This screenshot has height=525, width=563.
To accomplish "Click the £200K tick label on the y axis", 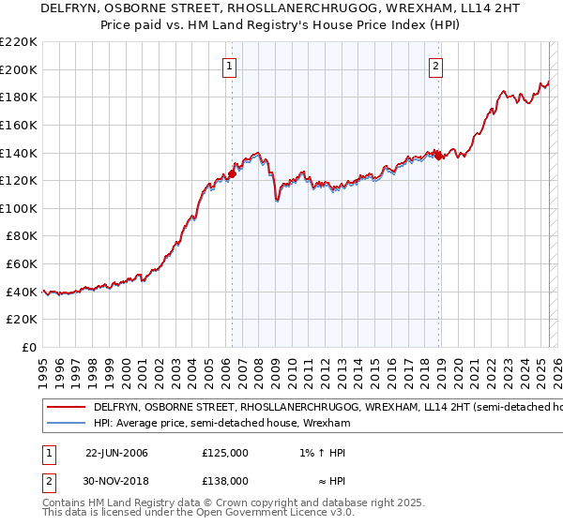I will [x=19, y=69].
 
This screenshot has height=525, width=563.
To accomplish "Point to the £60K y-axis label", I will [x=22, y=264].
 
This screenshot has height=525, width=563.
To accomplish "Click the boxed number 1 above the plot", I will [x=230, y=66].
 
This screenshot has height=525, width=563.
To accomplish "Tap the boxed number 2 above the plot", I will [x=437, y=66].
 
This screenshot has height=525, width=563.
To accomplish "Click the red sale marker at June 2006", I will [x=232, y=173].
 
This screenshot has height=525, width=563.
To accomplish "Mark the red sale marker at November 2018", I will [x=438, y=155].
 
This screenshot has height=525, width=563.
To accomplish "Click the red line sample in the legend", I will [x=65, y=409].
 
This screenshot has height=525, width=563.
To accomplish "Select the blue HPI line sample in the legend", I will [x=65, y=424].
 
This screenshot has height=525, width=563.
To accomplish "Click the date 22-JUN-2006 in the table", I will [x=116, y=453].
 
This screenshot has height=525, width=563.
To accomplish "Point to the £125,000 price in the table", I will [x=225, y=453].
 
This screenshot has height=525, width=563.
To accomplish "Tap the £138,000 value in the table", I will [x=225, y=481].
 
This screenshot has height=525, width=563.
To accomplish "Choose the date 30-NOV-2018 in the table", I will [x=116, y=481].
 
